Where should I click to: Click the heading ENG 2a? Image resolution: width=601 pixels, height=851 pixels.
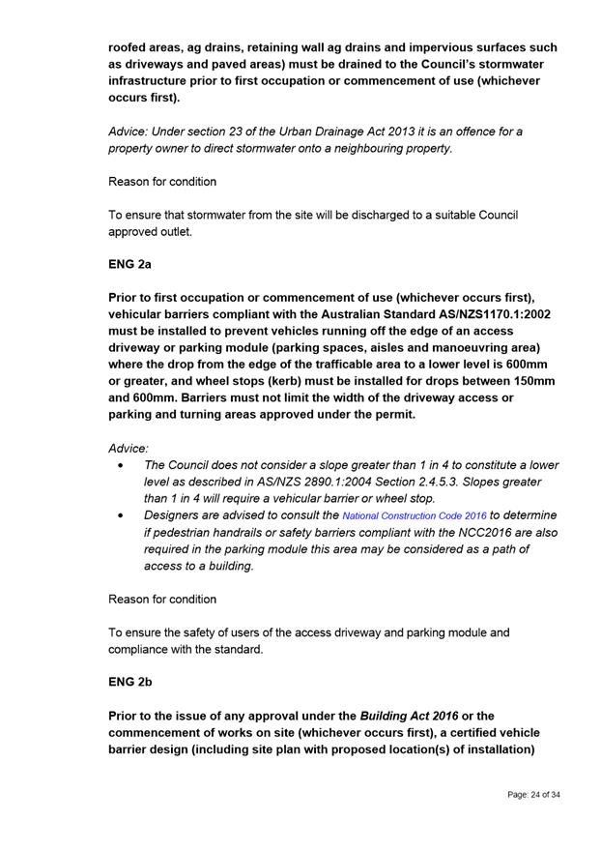[x=129, y=261]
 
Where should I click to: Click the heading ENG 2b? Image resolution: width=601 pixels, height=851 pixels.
[x=129, y=682]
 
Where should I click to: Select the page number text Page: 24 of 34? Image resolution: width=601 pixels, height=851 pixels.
[x=533, y=795]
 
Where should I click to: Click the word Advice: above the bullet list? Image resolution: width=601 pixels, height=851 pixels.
[x=129, y=449]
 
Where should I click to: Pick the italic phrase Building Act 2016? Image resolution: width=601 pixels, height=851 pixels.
[x=409, y=716]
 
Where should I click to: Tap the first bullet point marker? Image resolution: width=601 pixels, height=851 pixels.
[x=119, y=465]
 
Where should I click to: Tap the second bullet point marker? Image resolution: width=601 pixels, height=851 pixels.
[x=119, y=515]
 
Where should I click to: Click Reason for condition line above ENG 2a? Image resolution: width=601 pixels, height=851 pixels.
[x=162, y=182]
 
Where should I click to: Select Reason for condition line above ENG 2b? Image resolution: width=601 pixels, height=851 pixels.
[x=162, y=600]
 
